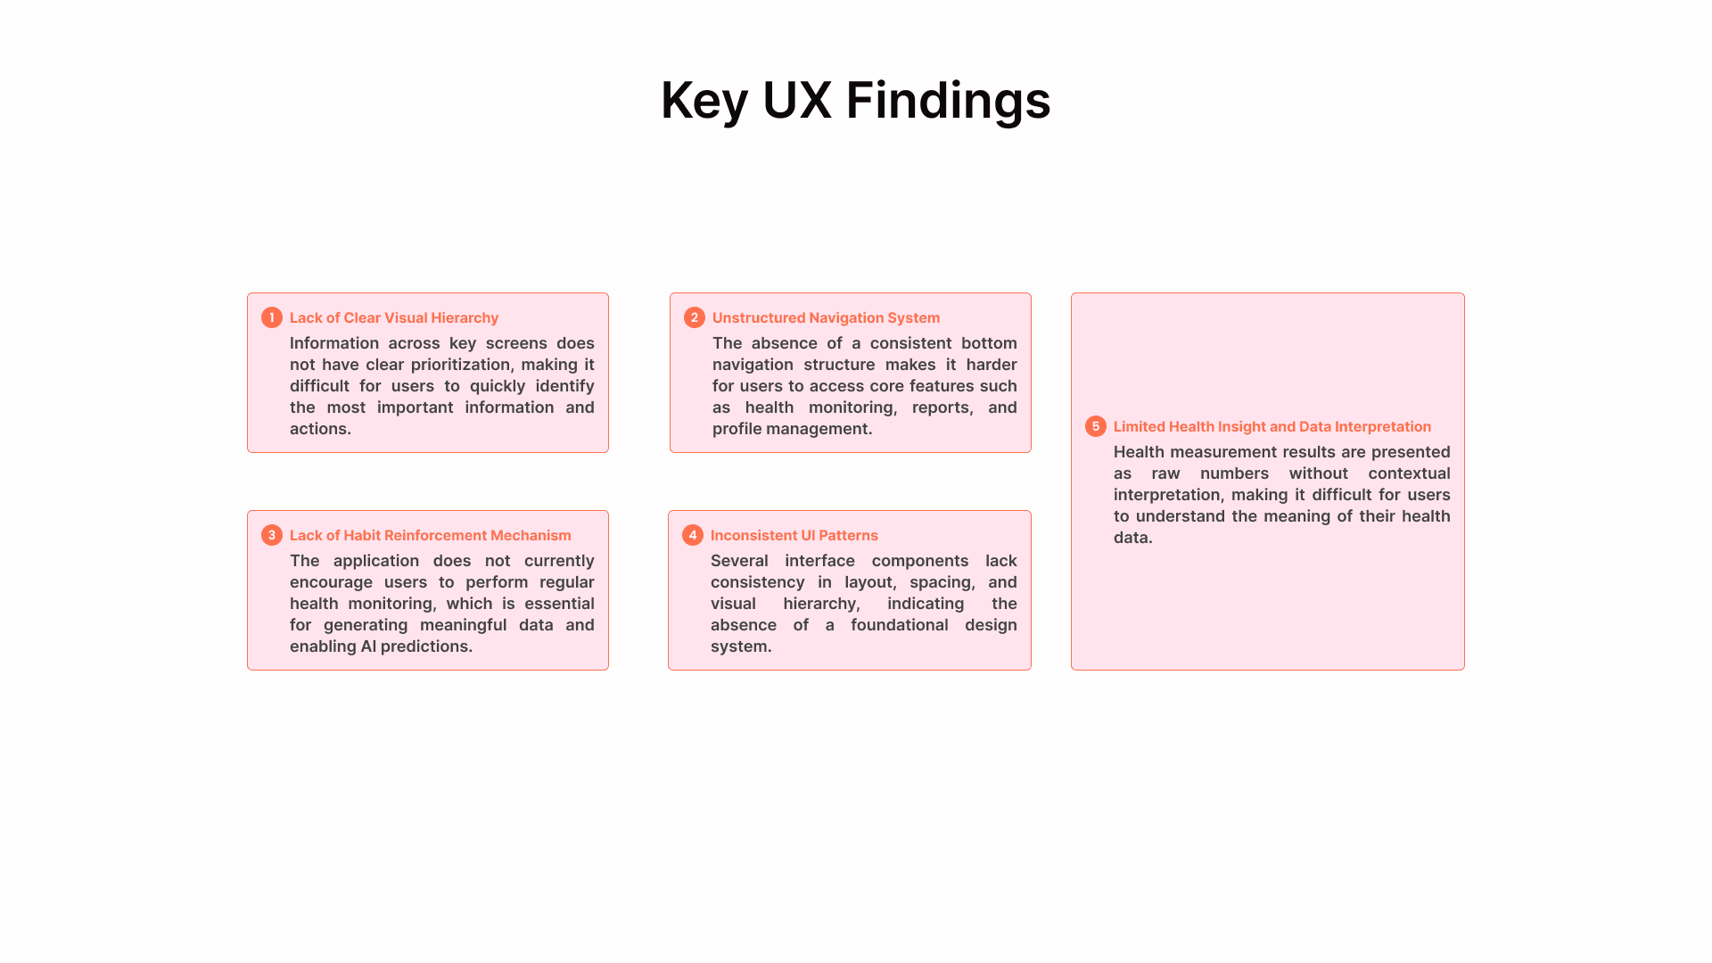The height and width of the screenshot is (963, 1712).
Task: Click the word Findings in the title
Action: (x=948, y=100)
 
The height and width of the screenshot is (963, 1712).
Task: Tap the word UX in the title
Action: (x=796, y=100)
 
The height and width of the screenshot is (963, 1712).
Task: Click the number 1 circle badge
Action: (x=272, y=317)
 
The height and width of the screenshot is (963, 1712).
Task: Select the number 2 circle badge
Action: (x=695, y=317)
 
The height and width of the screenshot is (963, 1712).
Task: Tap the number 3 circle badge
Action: (x=272, y=535)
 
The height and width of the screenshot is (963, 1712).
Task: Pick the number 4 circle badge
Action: (x=693, y=535)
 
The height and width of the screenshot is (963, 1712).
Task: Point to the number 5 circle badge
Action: (x=1096, y=426)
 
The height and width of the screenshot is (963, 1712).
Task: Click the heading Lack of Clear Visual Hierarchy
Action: (x=394, y=317)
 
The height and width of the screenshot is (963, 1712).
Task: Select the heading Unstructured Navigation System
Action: (x=826, y=317)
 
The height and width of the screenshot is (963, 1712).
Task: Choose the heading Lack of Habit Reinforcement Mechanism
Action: (x=430, y=535)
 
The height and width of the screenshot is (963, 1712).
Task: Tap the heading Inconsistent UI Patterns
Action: (x=794, y=535)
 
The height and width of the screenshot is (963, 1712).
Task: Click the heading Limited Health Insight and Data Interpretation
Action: (x=1272, y=426)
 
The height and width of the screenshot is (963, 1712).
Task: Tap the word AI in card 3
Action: (x=368, y=646)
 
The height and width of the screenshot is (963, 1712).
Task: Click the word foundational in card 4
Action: (x=899, y=625)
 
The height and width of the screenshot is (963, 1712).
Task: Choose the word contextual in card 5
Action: (x=1409, y=473)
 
